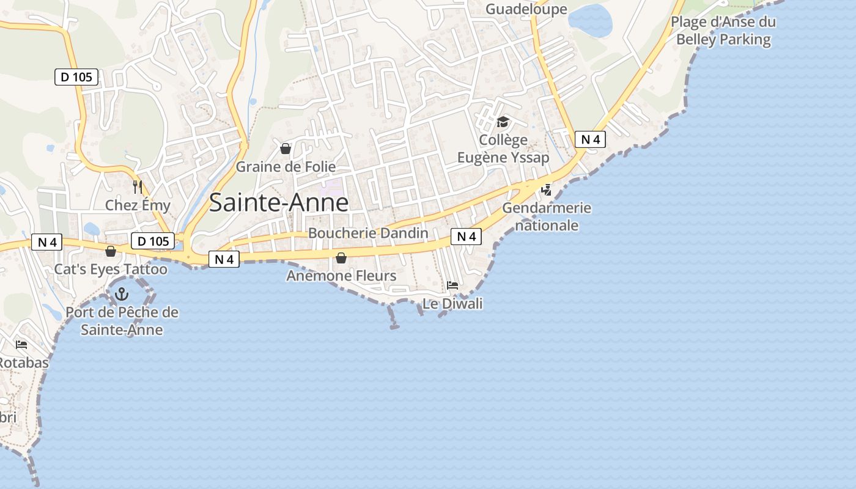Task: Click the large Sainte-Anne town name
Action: (279, 203)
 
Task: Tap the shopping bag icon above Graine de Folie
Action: (285, 149)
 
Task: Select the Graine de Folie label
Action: (286, 167)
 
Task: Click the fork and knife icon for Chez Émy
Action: (138, 187)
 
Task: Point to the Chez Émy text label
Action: (138, 205)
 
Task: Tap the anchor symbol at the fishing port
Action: (122, 295)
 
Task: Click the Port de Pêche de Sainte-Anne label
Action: (122, 322)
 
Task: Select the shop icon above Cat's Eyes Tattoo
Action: (111, 251)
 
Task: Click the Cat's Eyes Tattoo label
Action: (111, 270)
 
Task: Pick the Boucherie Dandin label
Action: (368, 233)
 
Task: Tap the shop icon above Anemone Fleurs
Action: (341, 259)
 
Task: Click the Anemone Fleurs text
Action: (341, 276)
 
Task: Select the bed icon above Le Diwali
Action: (452, 285)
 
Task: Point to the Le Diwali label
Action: (452, 304)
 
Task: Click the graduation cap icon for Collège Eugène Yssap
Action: (503, 122)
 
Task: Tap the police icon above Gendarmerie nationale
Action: (547, 189)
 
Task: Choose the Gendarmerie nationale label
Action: (547, 216)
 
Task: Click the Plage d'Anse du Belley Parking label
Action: (723, 31)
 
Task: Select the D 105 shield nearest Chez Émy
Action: (153, 241)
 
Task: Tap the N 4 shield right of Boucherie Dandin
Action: (466, 237)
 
